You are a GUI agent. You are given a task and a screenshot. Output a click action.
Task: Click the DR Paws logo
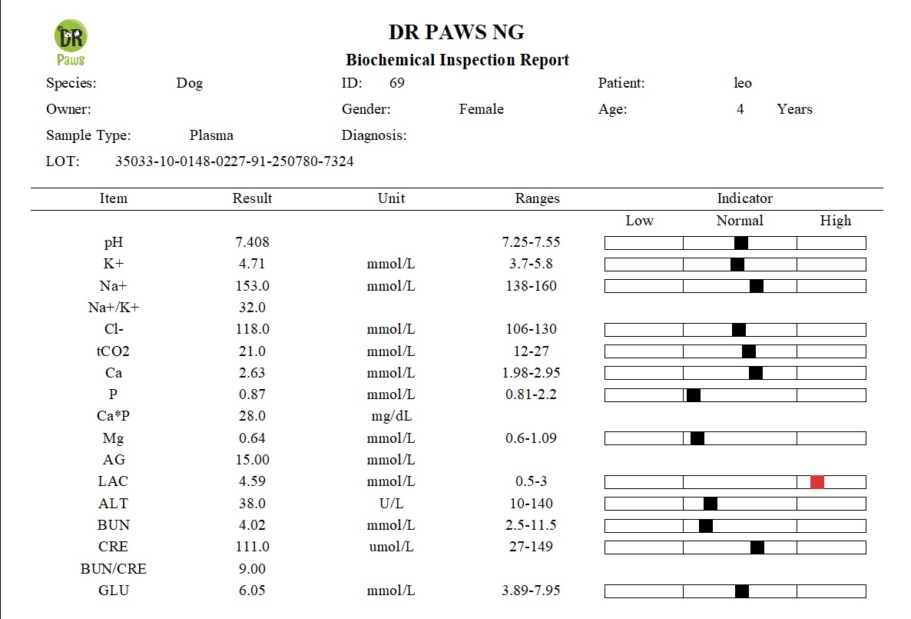[x=71, y=43]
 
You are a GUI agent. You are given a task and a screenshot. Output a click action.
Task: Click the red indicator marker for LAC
[x=817, y=482]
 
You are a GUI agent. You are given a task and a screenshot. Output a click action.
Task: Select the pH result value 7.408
[x=252, y=242]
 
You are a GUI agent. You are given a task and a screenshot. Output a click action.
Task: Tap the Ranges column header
[x=537, y=198]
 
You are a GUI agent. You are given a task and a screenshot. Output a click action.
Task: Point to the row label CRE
[x=113, y=547]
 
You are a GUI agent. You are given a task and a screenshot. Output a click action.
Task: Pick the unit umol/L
[x=391, y=547]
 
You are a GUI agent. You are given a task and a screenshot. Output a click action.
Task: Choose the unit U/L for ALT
[x=391, y=504]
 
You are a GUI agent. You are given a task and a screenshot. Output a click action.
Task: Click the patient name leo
[x=742, y=83]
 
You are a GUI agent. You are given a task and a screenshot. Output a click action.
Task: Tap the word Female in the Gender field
[x=481, y=109]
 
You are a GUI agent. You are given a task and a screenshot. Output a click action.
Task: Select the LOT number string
[x=234, y=161]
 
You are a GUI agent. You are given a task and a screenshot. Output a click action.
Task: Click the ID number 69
[x=396, y=83]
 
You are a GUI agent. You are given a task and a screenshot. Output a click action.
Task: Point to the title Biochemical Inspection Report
[x=457, y=60]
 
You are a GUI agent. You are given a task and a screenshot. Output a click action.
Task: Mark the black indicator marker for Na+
[x=757, y=286]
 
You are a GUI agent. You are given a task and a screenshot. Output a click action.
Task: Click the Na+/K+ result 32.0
[x=252, y=308]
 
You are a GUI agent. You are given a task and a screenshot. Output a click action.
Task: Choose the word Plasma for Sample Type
[x=211, y=135]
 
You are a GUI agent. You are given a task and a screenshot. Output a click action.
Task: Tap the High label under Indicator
[x=835, y=221]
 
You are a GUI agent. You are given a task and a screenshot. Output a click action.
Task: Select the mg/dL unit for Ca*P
[x=391, y=417]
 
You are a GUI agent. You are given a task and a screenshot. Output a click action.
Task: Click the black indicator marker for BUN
[x=705, y=526]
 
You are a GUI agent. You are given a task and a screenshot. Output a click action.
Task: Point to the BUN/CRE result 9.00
[x=252, y=569]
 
